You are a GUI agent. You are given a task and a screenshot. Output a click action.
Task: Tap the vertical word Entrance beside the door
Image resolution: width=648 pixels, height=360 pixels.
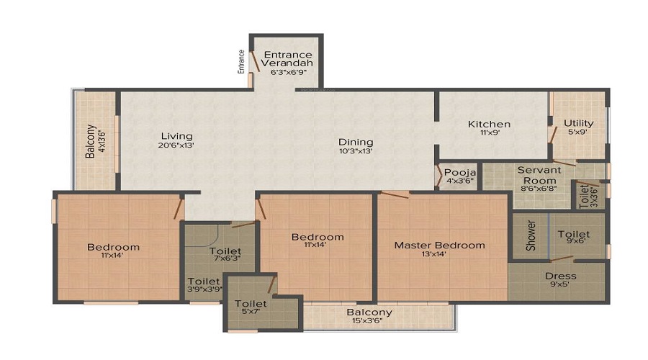click(x=242, y=61)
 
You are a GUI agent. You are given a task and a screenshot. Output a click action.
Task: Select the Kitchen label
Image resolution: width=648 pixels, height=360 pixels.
click(x=489, y=124)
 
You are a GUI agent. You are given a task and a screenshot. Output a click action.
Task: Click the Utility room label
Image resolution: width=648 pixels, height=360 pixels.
click(x=578, y=123)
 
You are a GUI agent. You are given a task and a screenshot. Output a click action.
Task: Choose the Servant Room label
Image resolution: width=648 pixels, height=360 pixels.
click(x=539, y=175)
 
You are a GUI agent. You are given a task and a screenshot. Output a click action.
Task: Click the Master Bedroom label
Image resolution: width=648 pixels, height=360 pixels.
click(x=439, y=246)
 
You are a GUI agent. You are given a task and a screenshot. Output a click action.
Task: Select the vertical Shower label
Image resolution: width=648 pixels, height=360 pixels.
click(x=531, y=235)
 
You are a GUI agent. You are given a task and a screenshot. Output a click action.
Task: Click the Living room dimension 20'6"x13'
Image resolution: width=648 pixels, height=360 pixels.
click(x=176, y=145)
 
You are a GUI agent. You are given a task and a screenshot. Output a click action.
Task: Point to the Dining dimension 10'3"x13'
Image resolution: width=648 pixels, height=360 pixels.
click(x=356, y=151)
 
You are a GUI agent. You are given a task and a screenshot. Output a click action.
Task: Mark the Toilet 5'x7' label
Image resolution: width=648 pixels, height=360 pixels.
click(x=251, y=305)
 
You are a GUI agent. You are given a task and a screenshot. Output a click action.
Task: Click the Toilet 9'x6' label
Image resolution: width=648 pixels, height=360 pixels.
click(x=573, y=235)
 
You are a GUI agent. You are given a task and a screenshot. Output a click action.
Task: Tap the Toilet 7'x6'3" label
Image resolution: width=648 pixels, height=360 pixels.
click(x=225, y=252)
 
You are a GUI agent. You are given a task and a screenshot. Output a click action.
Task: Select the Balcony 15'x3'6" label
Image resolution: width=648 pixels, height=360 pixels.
click(x=369, y=312)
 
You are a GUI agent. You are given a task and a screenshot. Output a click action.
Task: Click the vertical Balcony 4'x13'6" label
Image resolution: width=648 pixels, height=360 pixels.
click(x=91, y=142)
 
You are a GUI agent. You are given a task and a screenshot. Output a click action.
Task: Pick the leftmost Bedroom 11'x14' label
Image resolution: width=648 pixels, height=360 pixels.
click(x=113, y=248)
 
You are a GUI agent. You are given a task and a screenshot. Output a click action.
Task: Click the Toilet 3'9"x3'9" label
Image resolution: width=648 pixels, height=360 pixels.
click(x=203, y=282)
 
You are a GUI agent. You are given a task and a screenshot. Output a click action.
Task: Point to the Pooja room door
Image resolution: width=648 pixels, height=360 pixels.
click(x=439, y=176)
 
